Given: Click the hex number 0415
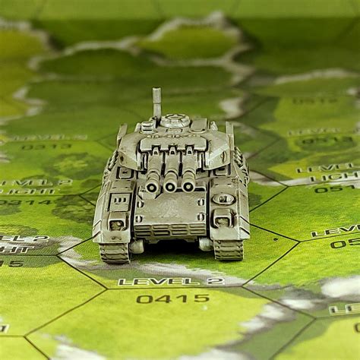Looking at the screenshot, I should pyautogui.click(x=172, y=298).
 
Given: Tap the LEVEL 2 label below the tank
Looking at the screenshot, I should pyautogui.click(x=171, y=281).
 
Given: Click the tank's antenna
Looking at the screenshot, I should pyautogui.click(x=156, y=102).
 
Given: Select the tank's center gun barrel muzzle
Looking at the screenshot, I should pyautogui.click(x=170, y=185).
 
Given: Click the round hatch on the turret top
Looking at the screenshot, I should pyautogui.click(x=175, y=119).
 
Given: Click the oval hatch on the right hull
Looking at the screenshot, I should pyautogui.click(x=223, y=199).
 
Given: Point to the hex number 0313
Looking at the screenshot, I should pyautogui.click(x=46, y=147).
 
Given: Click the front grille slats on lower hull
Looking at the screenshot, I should pyautogui.click(x=170, y=229).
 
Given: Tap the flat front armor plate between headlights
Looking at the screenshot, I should pyautogui.click(x=170, y=212).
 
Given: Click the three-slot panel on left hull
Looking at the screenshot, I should pyautogui.click(x=120, y=201).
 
